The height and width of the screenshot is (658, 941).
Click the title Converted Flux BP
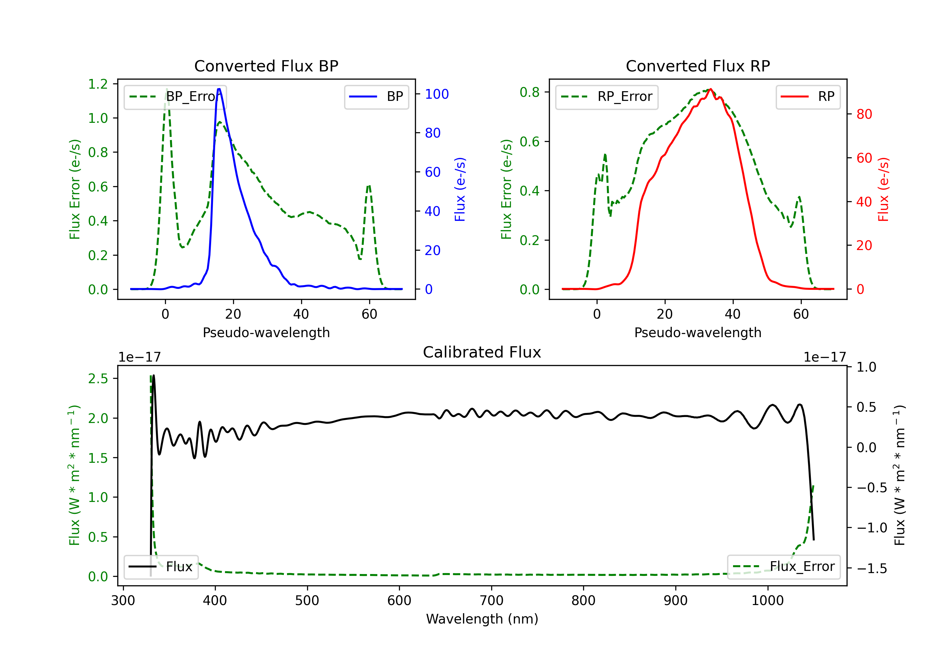pos(266,66)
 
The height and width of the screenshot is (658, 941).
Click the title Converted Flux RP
pos(698,66)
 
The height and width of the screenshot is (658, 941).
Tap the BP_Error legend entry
pos(175,97)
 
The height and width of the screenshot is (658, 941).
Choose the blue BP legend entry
pos(376,97)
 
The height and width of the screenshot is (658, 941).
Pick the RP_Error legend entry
pos(607,97)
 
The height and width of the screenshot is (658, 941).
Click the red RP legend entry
pos(808,97)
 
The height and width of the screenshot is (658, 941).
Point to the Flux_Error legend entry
pos(784,567)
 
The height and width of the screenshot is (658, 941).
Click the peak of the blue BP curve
pos(219,89)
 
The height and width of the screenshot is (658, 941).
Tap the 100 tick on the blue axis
pos(437,94)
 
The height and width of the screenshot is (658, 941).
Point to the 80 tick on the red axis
pos(864,114)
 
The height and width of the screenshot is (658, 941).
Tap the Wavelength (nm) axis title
pos(482,619)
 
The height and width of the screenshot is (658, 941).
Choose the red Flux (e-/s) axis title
pos(883,189)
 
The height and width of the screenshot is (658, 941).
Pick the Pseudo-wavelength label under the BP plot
pos(266,332)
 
